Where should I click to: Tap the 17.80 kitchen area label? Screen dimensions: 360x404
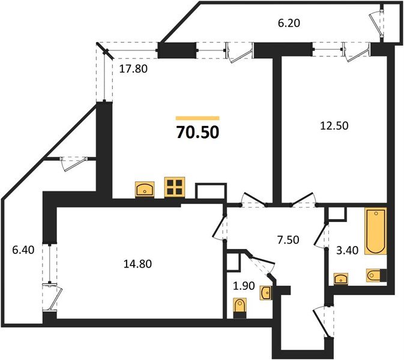coord(133,69)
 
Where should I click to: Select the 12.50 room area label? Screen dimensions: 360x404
coord(335,126)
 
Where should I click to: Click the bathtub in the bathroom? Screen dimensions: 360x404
coord(375,231)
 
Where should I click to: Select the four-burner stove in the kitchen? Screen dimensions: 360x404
coord(175,187)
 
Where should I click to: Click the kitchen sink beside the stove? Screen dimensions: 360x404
coord(145,189)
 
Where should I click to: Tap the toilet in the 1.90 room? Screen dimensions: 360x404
coord(240,306)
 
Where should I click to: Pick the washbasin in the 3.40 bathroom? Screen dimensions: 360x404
coord(342,278)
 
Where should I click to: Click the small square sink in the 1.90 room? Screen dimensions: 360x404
coord(266,293)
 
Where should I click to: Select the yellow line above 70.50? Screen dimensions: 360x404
coord(197,118)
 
